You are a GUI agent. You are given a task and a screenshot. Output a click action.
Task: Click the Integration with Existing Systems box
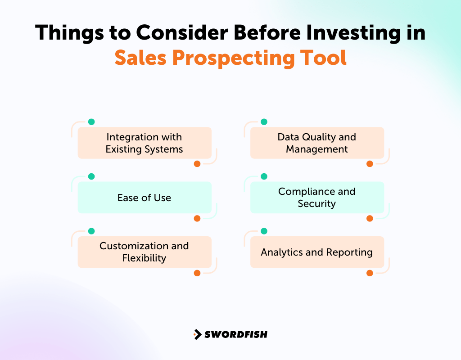pos(145,143)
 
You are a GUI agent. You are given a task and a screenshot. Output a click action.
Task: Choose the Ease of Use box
pos(145,198)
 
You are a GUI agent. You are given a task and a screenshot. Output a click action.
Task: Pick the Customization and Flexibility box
pos(145,252)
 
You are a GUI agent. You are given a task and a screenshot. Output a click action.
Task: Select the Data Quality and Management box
pos(317,143)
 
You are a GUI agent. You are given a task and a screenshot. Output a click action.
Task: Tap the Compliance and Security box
pos(317,198)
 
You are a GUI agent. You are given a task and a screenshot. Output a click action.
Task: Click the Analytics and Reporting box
pos(317,252)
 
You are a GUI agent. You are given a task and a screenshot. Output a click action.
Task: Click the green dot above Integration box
pos(91,122)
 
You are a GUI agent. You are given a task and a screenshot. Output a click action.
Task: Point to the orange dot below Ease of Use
pos(197,218)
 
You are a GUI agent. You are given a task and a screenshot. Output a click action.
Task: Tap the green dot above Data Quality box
pos(264,122)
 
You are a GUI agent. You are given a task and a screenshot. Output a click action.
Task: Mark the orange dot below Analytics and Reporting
pos(370,273)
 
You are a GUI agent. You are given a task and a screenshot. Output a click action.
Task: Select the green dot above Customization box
pos(91,231)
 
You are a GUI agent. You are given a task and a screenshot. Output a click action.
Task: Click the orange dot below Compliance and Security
pos(370,218)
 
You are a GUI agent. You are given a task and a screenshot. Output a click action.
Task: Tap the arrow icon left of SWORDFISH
pos(197,334)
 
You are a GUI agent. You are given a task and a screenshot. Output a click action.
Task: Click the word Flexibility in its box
pos(144,258)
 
